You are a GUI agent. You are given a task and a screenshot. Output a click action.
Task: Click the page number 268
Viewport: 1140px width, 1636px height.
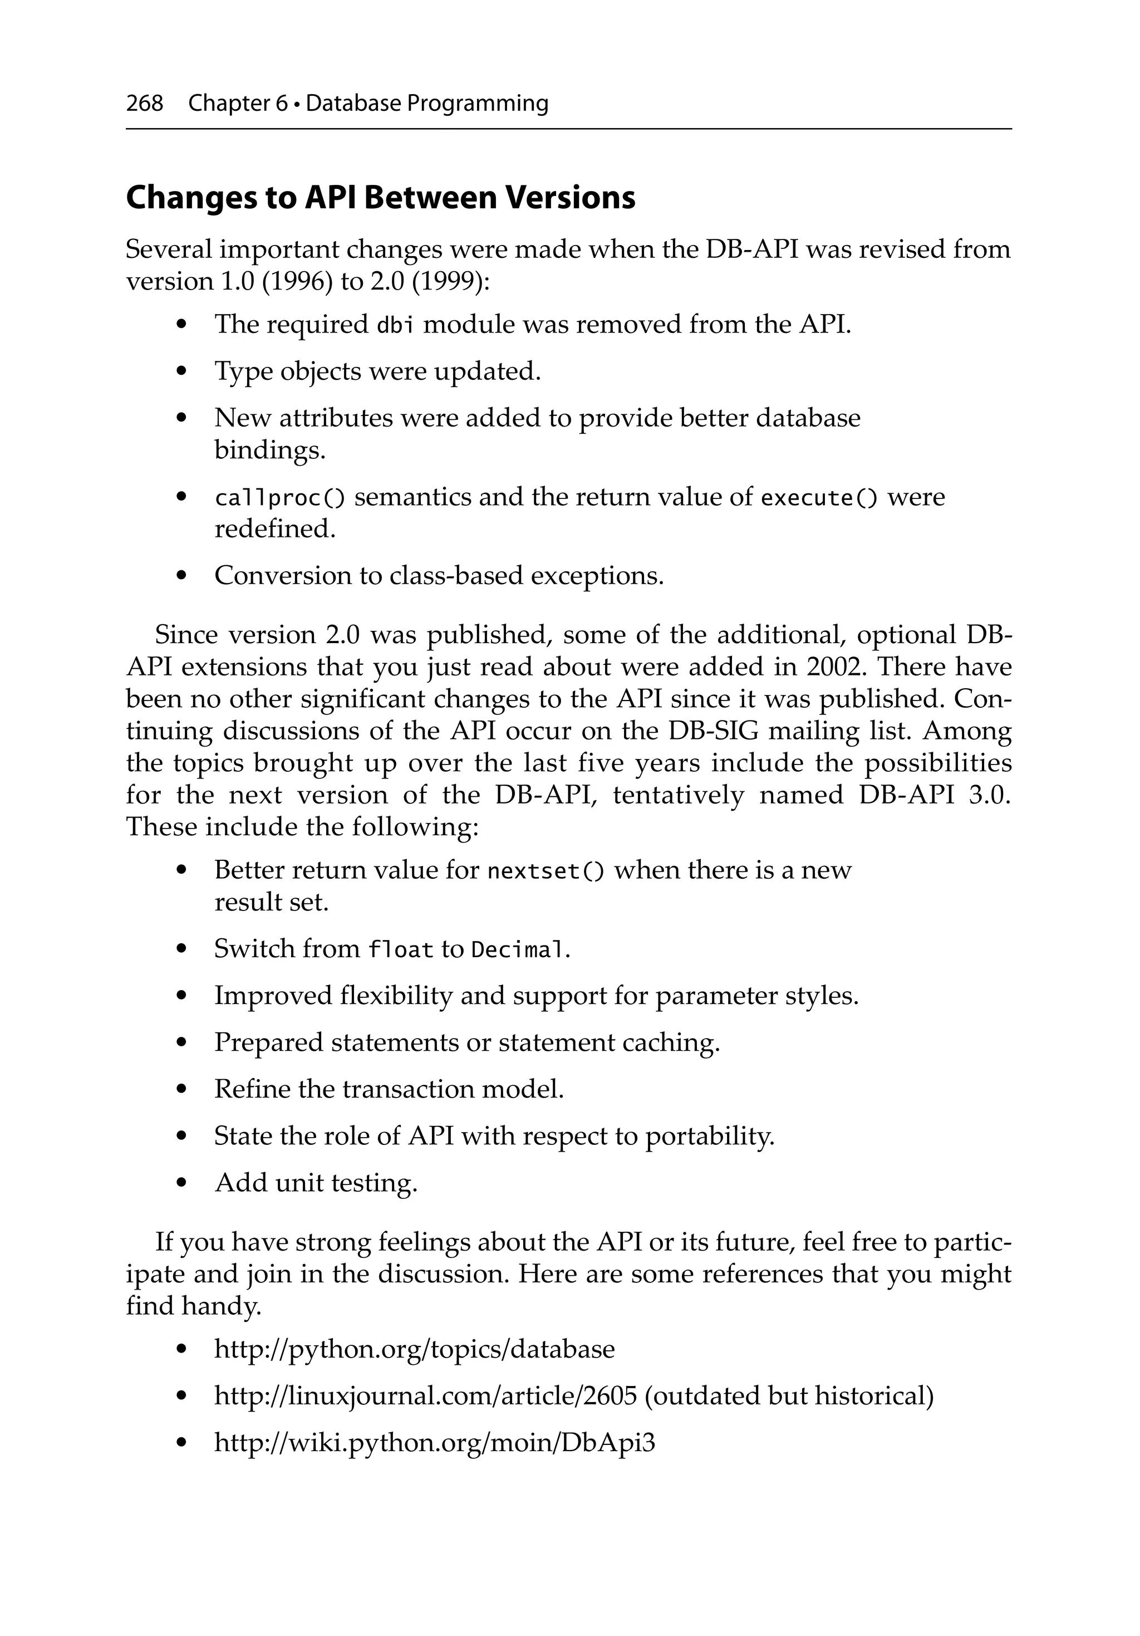tap(145, 104)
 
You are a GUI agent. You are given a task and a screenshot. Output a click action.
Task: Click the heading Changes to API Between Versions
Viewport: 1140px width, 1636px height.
tap(381, 198)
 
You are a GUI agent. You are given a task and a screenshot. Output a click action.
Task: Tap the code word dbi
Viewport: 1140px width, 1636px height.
tap(395, 326)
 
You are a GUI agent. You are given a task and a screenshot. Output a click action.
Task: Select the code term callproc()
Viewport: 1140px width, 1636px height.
tap(280, 498)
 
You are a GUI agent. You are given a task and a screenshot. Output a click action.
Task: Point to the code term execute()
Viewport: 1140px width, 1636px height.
tap(819, 498)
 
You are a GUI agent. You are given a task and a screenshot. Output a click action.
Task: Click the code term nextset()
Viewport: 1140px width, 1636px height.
tap(546, 871)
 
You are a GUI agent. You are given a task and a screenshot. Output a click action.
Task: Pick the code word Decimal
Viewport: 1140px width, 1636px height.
tap(519, 951)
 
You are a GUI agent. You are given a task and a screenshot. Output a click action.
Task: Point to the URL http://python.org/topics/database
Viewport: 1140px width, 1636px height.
tap(414, 1350)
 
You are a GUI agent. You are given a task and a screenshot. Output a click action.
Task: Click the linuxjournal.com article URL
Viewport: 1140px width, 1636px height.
tap(425, 1397)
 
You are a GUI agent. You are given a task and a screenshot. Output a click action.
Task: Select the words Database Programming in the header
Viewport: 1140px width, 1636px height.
tap(427, 104)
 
